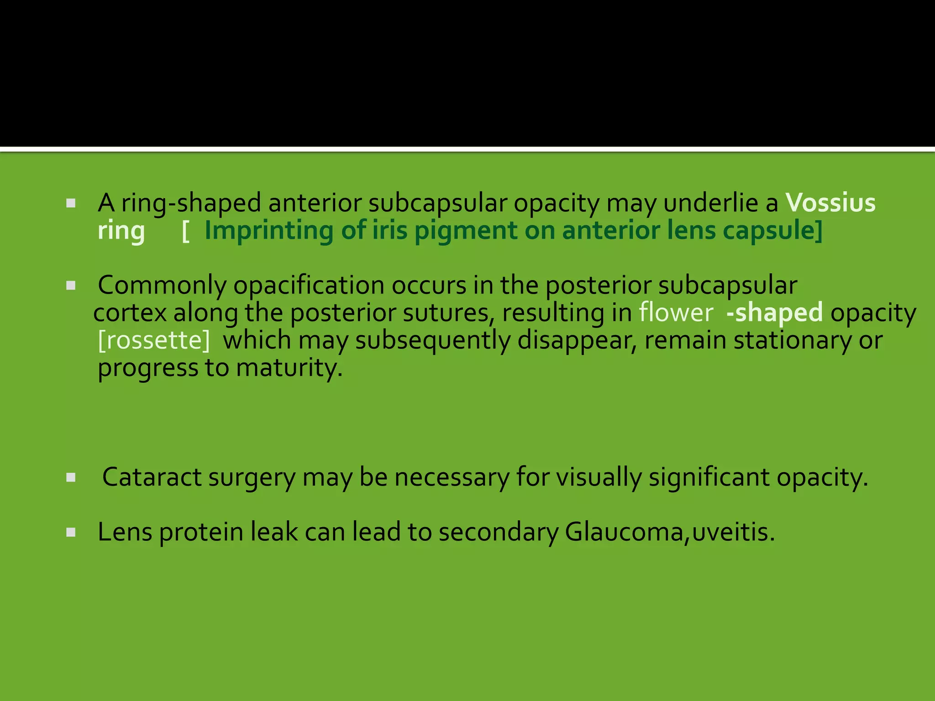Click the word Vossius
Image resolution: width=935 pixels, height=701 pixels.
coord(830,203)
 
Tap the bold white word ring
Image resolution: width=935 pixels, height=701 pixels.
coord(121,231)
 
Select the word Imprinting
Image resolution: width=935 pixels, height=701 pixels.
coord(268,231)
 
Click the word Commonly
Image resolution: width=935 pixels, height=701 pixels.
coord(162,286)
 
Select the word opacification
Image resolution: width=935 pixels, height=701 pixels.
coord(309,286)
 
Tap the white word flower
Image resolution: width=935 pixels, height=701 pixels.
coord(676,313)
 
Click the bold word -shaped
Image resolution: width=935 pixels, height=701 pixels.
coord(774,314)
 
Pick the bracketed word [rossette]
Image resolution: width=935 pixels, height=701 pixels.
coord(154,340)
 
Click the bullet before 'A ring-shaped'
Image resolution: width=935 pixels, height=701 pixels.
coord(71,203)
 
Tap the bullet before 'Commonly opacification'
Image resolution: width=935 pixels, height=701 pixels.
coord(71,286)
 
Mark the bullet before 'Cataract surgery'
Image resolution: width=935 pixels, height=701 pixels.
coord(71,478)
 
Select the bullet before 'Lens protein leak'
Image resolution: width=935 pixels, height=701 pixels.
coord(71,532)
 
